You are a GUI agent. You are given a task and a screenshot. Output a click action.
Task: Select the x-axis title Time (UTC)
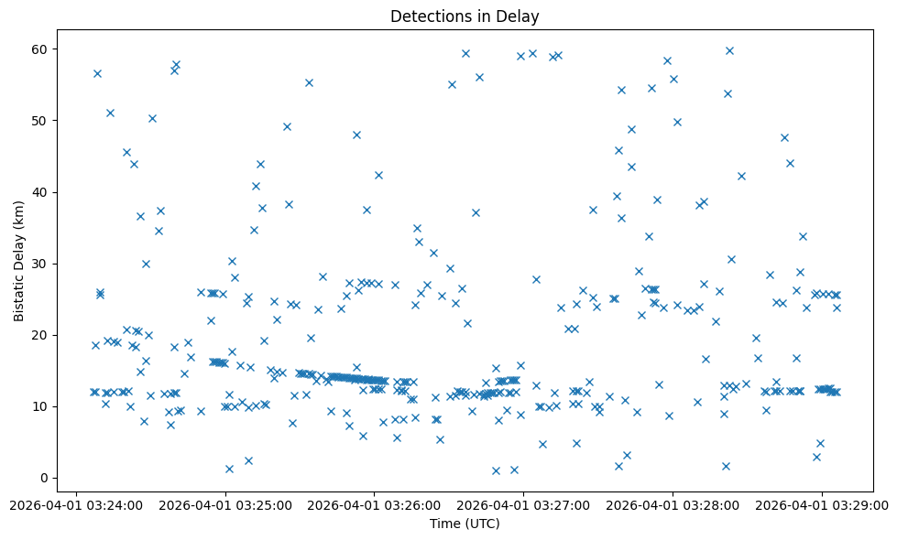click(465, 524)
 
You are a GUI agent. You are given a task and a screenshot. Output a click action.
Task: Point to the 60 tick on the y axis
click(41, 49)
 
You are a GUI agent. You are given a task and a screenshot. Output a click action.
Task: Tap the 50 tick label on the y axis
click(41, 121)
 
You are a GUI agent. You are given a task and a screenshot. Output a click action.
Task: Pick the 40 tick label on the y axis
click(41, 192)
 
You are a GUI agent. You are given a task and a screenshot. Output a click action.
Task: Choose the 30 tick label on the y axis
click(41, 264)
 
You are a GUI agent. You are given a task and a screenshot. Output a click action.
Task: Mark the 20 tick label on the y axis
click(41, 335)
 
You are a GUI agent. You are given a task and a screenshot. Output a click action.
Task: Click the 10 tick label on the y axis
click(41, 406)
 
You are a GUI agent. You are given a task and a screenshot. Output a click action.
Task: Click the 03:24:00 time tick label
click(76, 503)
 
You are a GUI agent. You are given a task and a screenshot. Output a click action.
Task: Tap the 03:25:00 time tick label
click(225, 503)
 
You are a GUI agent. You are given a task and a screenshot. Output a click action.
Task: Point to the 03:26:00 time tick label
click(375, 503)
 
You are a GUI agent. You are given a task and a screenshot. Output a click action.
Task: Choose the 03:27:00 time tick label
click(523, 503)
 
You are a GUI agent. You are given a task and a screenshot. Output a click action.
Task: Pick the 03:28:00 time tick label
click(673, 503)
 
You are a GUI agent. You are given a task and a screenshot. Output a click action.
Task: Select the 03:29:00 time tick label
click(822, 503)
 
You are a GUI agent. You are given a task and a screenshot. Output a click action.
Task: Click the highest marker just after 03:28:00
click(729, 50)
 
